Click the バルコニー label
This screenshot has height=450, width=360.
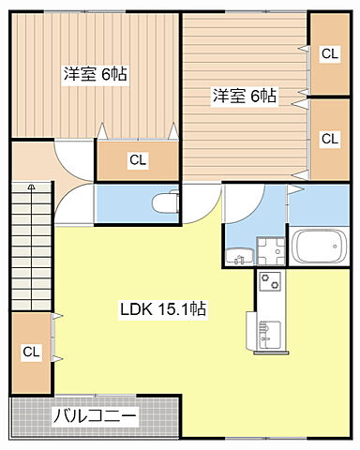[x=94, y=416]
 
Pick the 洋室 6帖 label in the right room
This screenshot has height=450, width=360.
[x=244, y=95]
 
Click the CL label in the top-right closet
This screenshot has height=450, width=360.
[x=329, y=54]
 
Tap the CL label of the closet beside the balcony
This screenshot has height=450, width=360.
[x=31, y=352]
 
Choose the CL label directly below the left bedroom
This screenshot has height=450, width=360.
[x=138, y=160]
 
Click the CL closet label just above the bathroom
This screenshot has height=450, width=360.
[x=329, y=139]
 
